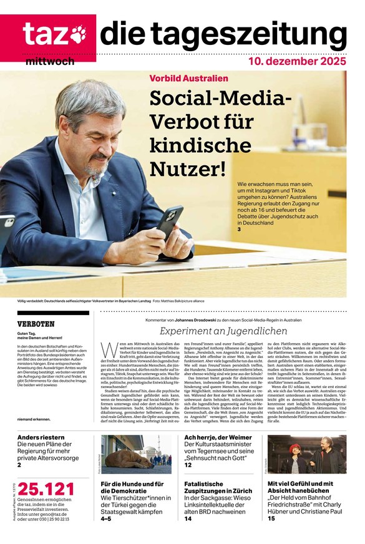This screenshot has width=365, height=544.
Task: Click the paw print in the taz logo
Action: click(x=78, y=34)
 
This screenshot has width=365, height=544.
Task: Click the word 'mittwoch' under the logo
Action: click(x=50, y=62)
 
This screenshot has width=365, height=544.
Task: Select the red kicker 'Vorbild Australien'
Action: click(x=188, y=78)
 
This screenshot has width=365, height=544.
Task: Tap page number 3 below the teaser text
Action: click(x=239, y=230)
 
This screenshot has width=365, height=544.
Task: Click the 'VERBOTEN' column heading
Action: click(x=36, y=324)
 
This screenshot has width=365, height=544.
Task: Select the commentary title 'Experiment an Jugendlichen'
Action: click(x=223, y=331)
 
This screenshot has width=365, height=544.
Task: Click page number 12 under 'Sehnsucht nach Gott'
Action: click(x=188, y=465)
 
